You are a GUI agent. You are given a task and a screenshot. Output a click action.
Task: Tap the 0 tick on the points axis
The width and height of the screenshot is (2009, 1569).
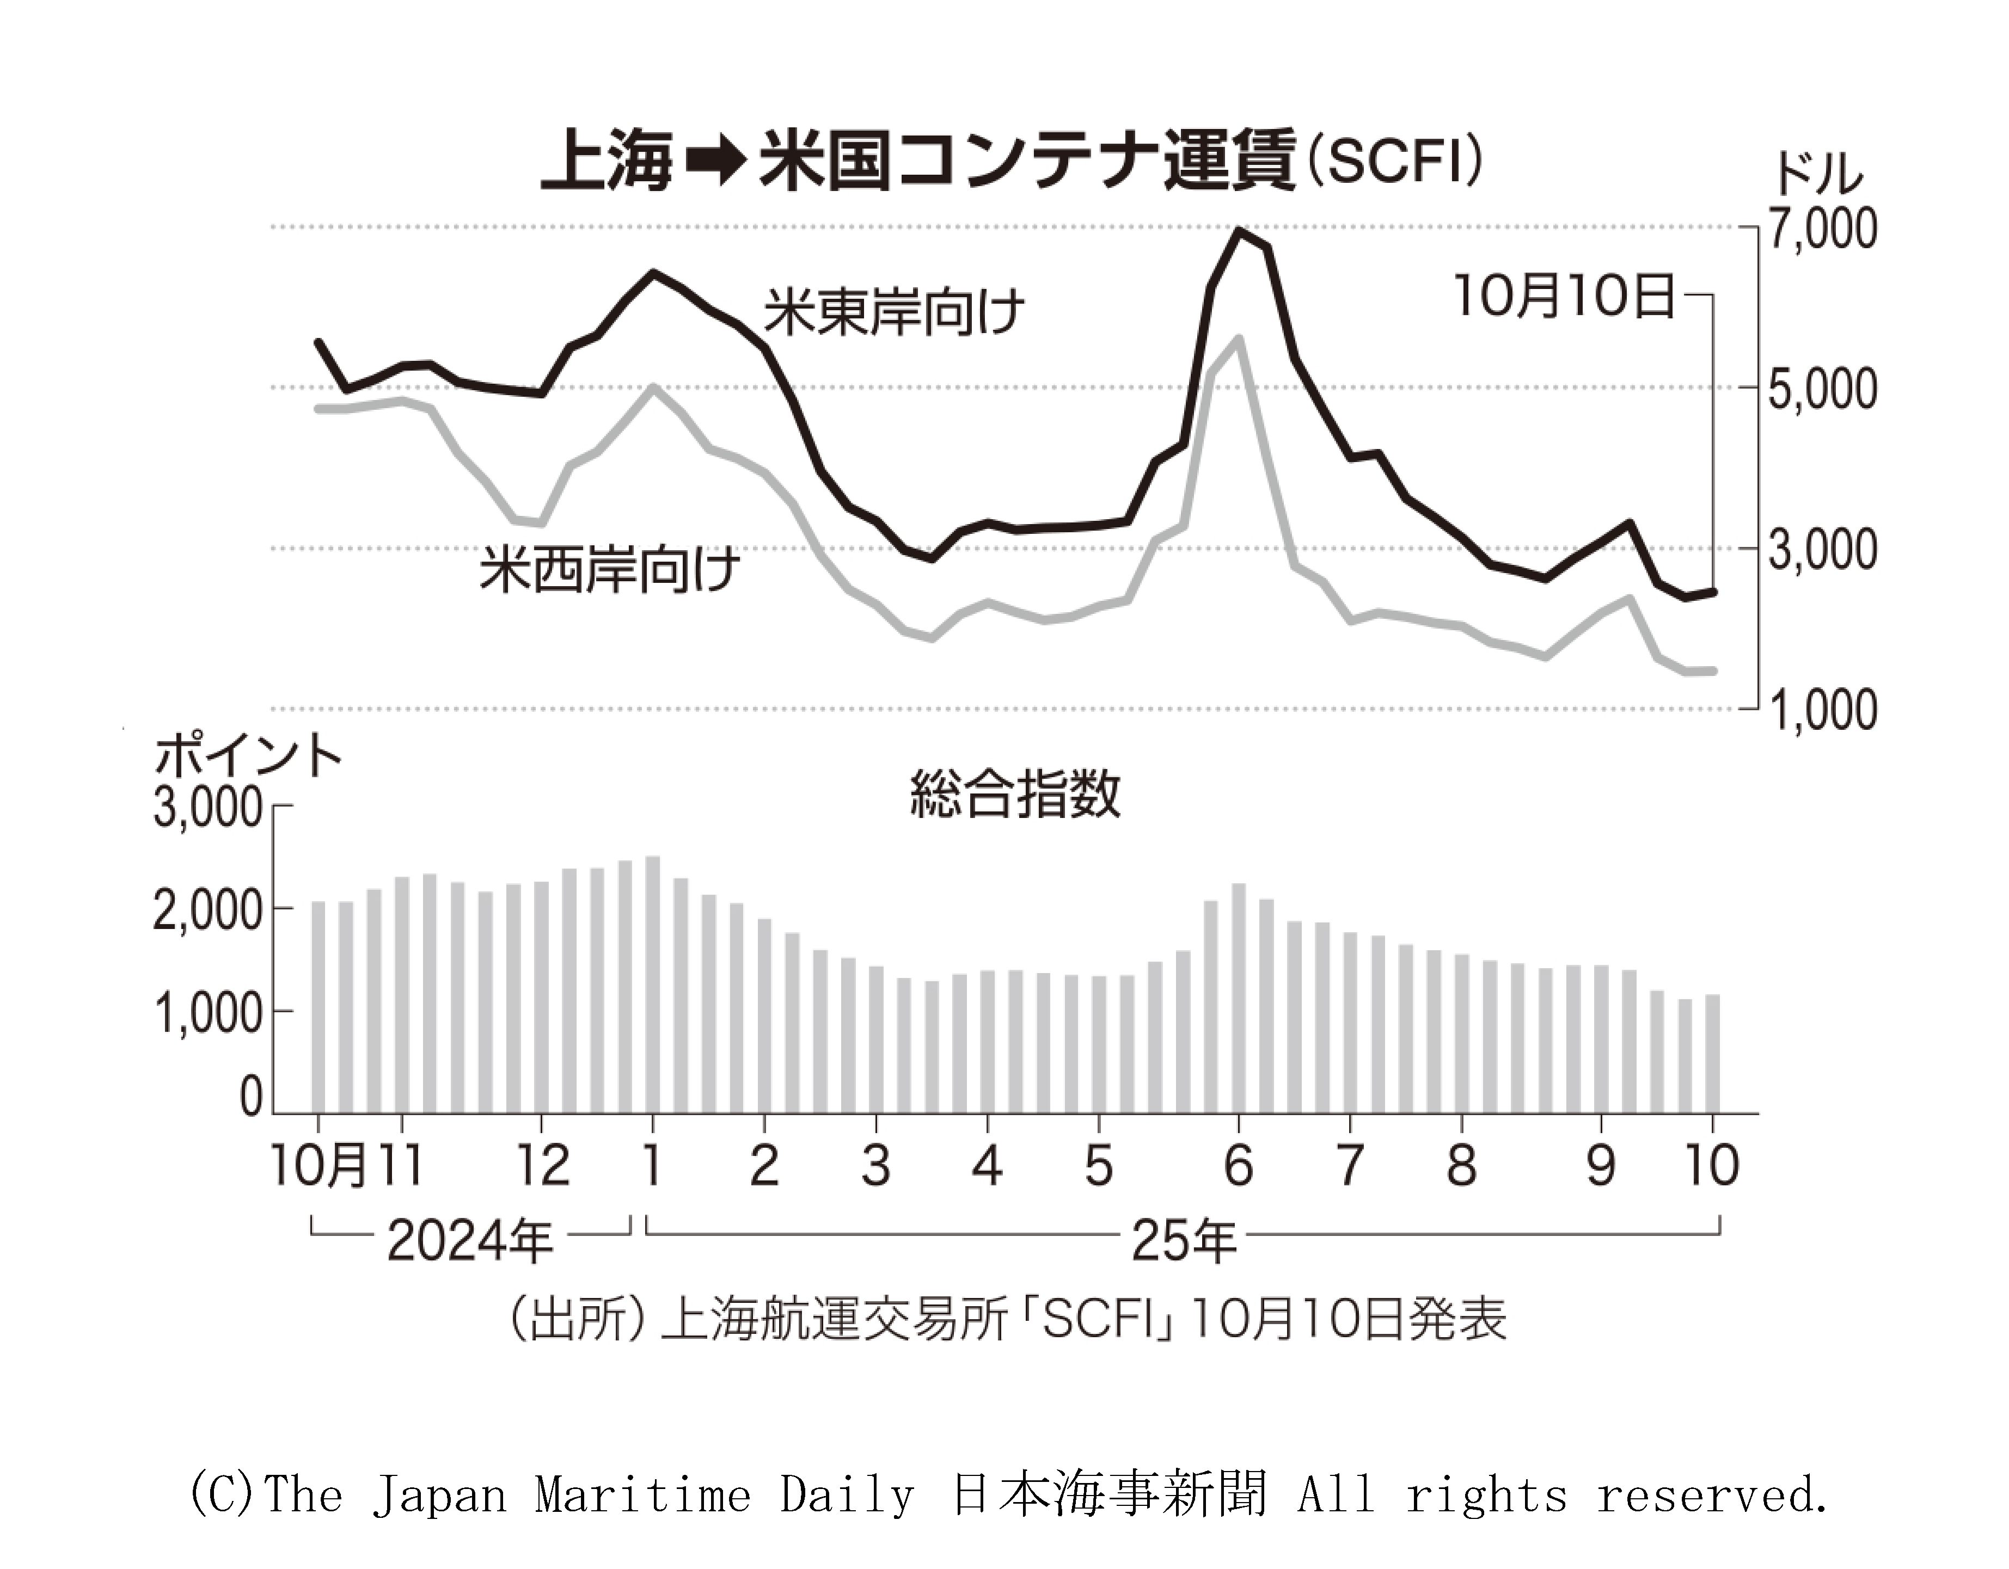(251, 1096)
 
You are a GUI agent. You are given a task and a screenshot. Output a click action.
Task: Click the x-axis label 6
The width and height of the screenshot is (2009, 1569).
(1238, 1165)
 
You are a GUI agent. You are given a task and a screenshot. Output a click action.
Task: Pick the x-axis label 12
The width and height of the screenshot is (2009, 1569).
(543, 1165)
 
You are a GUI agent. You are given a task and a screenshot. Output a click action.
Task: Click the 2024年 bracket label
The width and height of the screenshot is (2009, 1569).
(469, 1241)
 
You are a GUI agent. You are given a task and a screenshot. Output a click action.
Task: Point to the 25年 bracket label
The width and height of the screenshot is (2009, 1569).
(1184, 1241)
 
